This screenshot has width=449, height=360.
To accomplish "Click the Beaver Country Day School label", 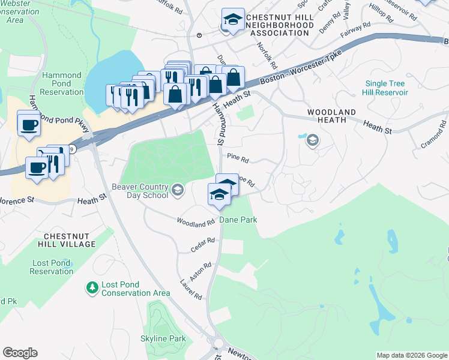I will pos(140,191).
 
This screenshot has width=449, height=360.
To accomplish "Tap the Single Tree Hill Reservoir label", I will pos(384,88).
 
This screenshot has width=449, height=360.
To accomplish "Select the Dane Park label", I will pos(238,220).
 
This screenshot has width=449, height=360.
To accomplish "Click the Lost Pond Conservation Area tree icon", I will pos(92,288).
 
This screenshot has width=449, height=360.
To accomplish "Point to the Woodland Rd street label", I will pos(195,221).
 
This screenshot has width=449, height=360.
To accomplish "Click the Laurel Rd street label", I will pos(190,289).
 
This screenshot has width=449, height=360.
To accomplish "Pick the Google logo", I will pos(20,353).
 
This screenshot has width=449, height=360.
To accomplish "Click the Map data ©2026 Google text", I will pos(412,355).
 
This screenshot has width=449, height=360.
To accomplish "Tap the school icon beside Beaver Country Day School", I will pos(177,191).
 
